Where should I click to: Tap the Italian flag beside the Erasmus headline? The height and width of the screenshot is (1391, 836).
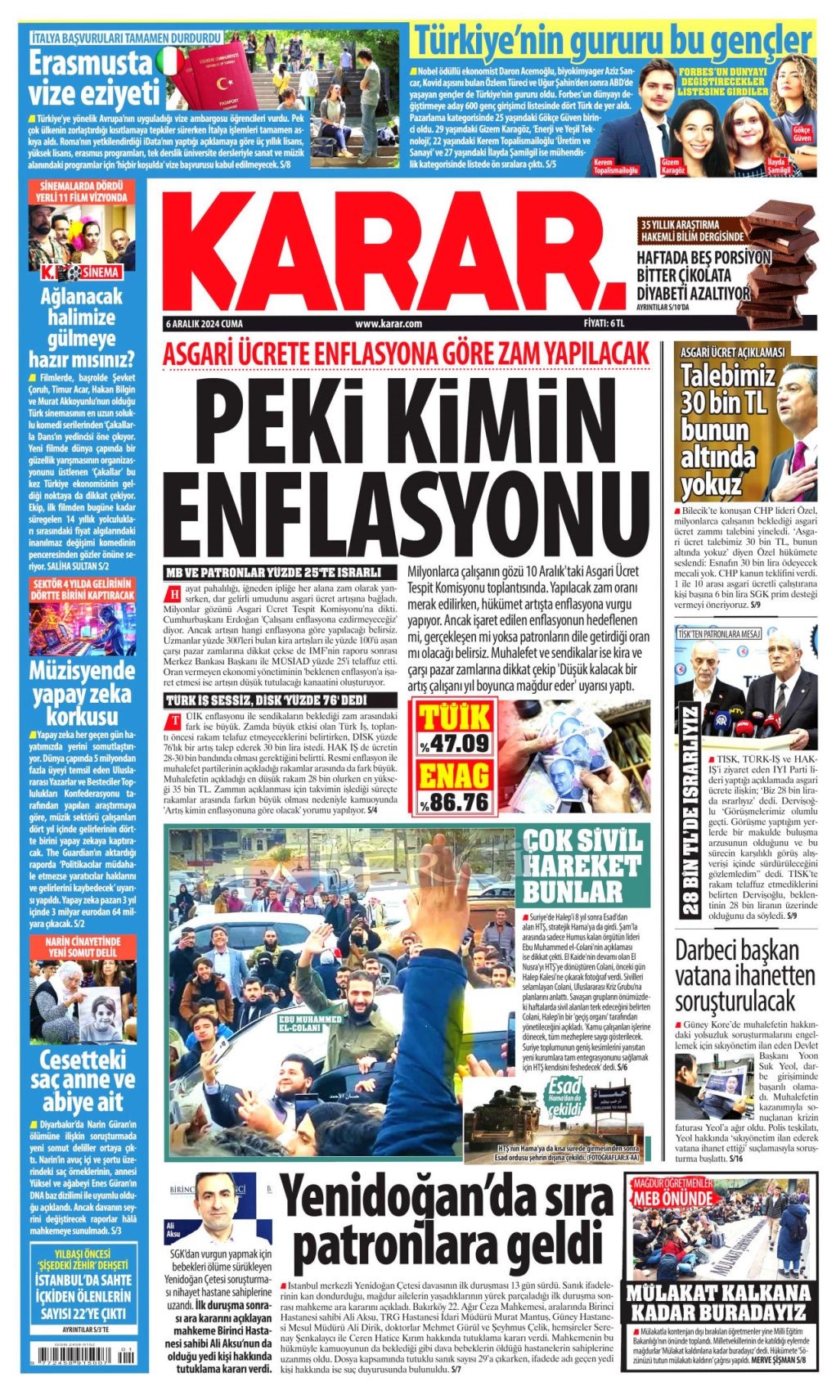pos(170,61)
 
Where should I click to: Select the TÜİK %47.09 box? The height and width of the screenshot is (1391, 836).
pos(454,728)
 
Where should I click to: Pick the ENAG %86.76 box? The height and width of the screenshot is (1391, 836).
pos(454,787)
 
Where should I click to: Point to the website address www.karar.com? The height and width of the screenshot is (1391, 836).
pos(389,324)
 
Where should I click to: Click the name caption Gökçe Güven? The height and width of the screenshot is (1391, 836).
pos(802,135)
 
